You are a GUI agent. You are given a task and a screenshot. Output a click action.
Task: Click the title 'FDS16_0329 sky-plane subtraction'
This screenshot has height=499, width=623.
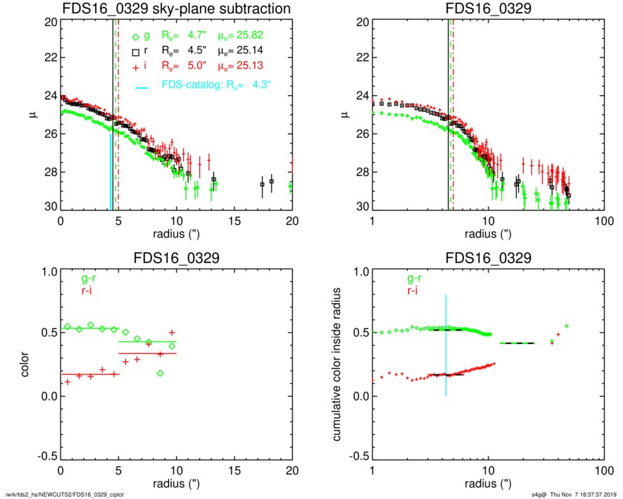pyautogui.click(x=177, y=10)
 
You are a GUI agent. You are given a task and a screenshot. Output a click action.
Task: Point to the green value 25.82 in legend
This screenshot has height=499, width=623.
pyautogui.click(x=257, y=34)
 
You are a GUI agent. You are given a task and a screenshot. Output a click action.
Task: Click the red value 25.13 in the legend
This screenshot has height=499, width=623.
pyautogui.click(x=257, y=68)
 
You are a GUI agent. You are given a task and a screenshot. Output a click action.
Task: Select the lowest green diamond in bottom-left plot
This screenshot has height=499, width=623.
pyautogui.click(x=161, y=373)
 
